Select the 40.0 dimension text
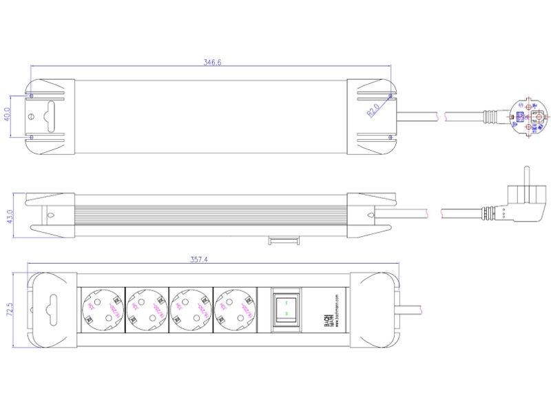coord(8,112)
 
